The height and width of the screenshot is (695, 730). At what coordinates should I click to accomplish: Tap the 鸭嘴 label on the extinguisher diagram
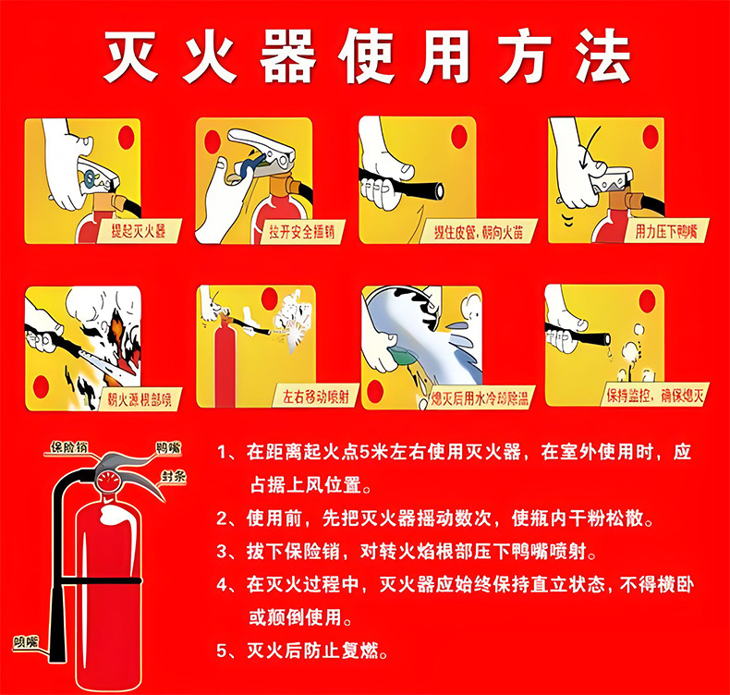[x=167, y=448]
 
